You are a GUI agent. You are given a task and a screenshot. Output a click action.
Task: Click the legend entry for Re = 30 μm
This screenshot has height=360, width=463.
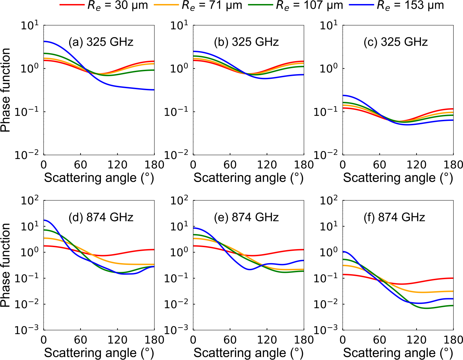tap(104, 5)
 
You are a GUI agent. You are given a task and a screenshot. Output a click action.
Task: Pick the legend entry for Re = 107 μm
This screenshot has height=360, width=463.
tap(296, 5)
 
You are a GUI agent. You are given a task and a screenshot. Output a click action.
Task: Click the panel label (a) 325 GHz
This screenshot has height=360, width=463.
tap(101, 42)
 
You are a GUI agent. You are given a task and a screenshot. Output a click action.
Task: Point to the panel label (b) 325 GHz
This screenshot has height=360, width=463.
tap(246, 42)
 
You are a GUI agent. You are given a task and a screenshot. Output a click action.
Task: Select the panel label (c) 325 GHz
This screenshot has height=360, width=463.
tap(395, 42)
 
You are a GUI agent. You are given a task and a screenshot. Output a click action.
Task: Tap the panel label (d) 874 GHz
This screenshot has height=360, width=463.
tap(101, 217)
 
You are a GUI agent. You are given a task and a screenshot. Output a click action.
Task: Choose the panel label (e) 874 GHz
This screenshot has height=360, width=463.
tap(246, 217)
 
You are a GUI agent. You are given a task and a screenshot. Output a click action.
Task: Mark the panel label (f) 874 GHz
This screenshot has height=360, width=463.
tap(394, 217)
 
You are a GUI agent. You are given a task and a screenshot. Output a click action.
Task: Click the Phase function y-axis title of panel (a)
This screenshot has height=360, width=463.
tap(6, 90)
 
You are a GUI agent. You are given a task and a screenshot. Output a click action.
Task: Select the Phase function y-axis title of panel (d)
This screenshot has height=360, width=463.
tap(6, 265)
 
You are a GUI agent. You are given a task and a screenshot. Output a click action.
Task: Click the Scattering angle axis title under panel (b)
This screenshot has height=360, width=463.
tap(248, 178)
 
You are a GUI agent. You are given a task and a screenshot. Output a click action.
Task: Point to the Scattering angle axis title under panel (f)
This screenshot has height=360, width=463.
tap(398, 353)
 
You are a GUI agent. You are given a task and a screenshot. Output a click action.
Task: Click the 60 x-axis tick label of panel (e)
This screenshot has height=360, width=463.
tap(230, 340)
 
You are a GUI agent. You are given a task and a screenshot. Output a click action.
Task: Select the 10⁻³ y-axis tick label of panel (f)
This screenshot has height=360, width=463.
tap(329, 330)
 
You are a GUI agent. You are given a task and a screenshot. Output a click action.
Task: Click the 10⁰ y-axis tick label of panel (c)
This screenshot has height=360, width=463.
tap(329, 68)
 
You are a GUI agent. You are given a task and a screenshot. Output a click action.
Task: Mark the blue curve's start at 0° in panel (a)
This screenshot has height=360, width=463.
tap(44, 41)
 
